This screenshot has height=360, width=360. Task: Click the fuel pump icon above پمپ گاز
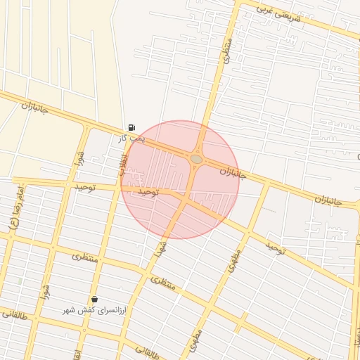(x=131, y=127)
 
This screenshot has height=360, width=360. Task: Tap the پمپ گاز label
(x=131, y=139)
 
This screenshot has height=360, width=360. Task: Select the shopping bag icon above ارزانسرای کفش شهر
(x=94, y=299)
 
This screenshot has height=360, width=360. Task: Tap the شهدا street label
(x=161, y=248)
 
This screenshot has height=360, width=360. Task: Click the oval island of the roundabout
(x=196, y=160)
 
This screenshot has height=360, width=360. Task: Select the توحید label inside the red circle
(x=150, y=191)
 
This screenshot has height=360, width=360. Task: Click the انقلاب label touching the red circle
(x=121, y=164)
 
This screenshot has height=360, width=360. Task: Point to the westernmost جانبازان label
(x=34, y=107)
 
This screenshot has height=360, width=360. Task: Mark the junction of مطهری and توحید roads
(x=248, y=231)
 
